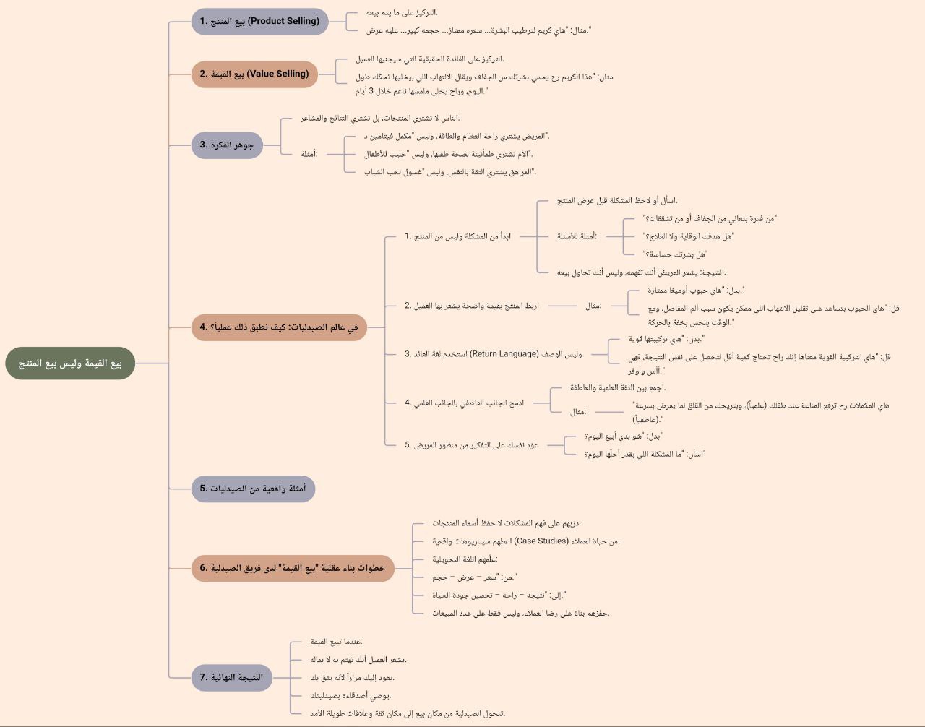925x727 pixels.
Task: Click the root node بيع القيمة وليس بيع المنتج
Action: click(70, 363)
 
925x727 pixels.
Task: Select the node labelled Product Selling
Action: click(259, 21)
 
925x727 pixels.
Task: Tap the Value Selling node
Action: click(254, 74)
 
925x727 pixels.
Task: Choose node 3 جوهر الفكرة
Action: click(226, 145)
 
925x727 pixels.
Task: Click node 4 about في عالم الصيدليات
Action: click(279, 327)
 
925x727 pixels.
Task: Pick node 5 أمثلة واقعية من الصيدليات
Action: click(253, 489)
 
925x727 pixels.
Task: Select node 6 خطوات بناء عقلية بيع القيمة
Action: click(293, 568)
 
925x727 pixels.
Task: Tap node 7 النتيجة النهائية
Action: click(231, 677)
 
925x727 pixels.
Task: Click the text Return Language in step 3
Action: click(504, 354)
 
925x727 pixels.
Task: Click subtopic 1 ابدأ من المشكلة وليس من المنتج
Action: click(457, 236)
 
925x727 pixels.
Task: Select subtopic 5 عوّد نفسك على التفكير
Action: click(471, 445)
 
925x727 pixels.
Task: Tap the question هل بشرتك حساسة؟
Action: click(675, 254)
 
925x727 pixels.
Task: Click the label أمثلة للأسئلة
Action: click(577, 236)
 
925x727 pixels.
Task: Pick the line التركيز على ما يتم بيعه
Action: click(402, 12)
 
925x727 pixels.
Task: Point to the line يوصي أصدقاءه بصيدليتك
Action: click(350, 695)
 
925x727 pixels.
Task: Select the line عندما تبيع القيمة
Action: click(336, 642)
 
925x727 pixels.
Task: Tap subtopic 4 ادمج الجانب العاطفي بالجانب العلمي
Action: click(464, 403)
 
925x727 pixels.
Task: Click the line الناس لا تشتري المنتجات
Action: click(380, 118)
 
